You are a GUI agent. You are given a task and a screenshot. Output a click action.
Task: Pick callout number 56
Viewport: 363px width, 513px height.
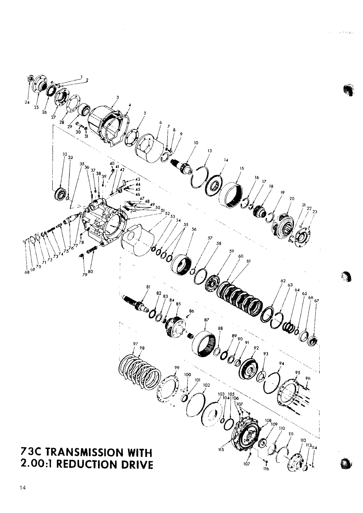[x=194, y=229]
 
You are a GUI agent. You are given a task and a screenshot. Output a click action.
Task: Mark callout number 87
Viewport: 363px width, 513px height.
[x=206, y=320]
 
